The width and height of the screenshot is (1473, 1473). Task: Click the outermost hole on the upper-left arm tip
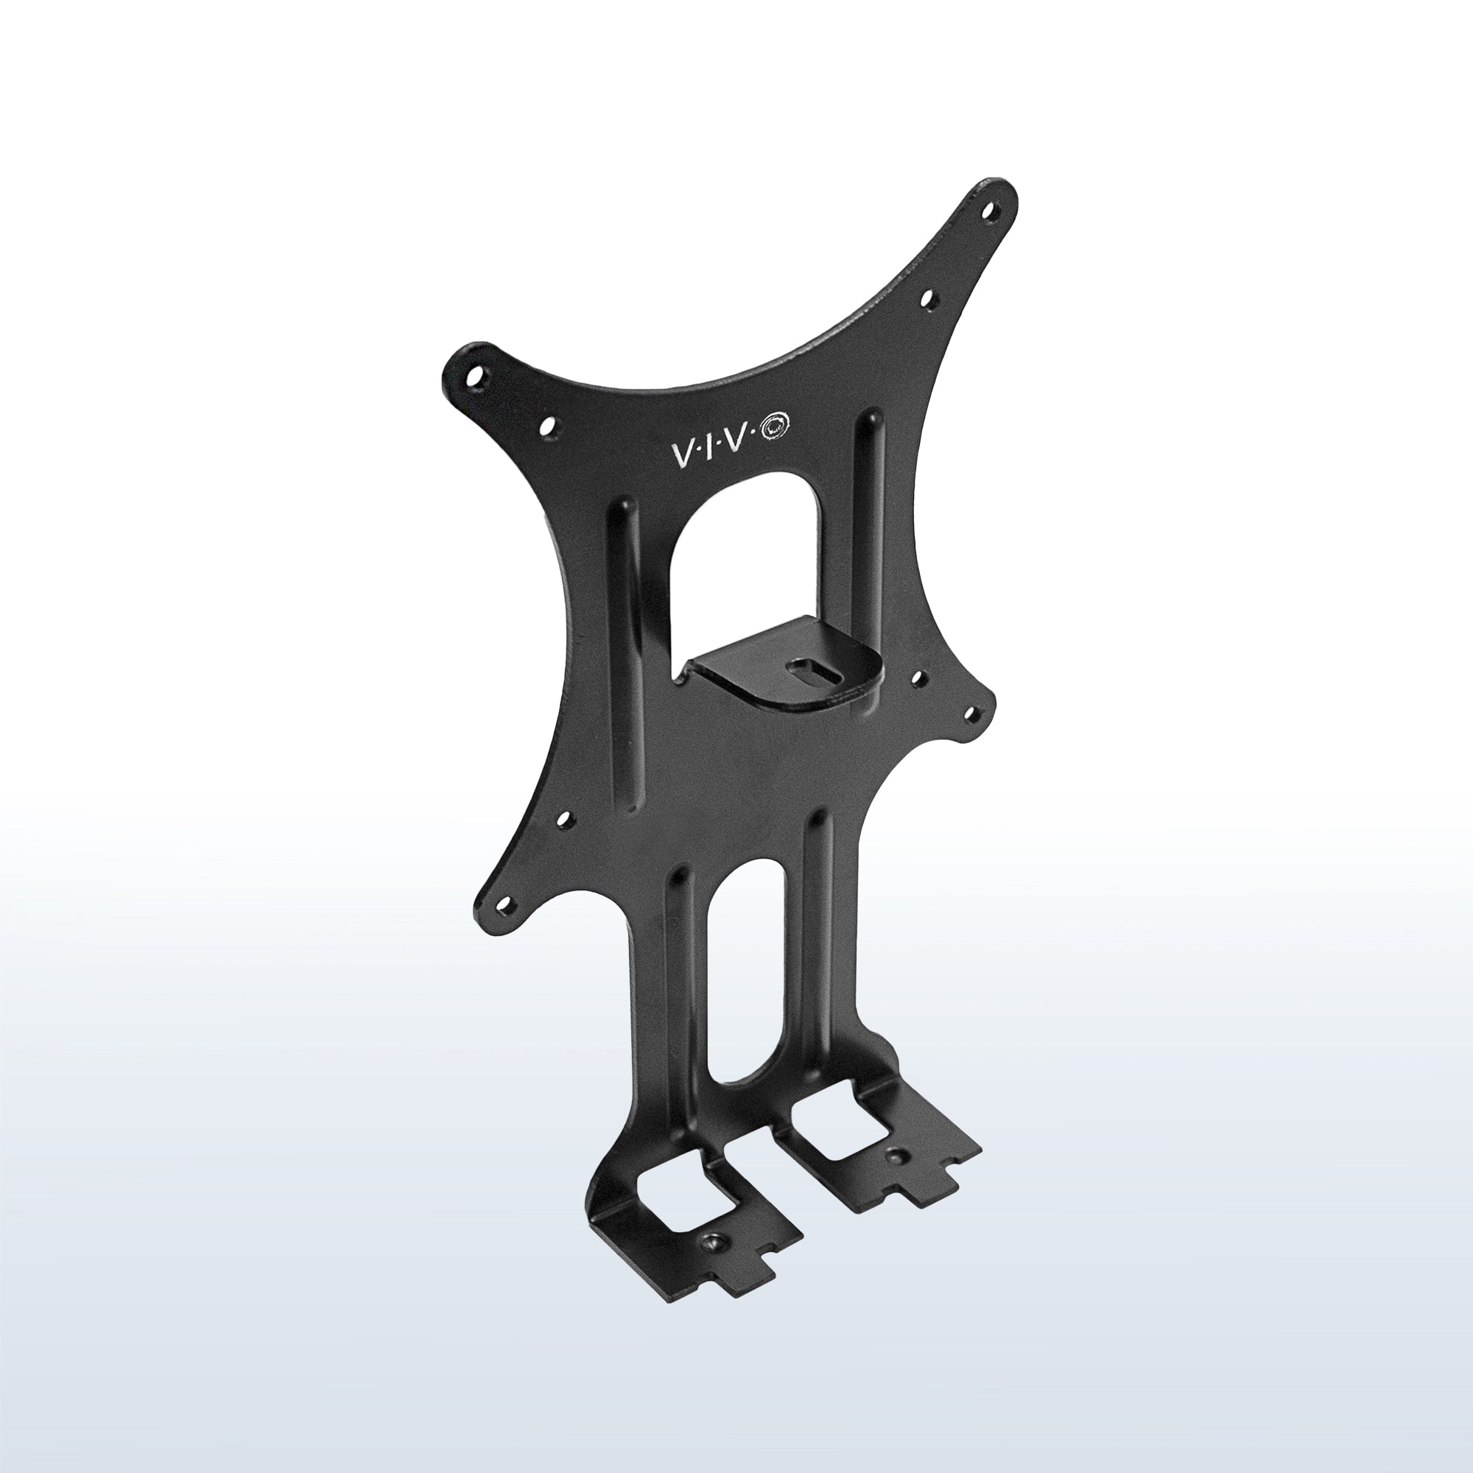click(479, 376)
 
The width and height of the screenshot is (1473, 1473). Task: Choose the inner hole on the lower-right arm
click(918, 677)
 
